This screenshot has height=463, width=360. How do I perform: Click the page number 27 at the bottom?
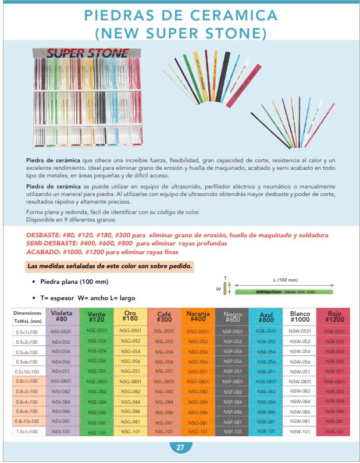pos(180,447)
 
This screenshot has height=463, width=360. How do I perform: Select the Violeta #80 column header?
pos(62,316)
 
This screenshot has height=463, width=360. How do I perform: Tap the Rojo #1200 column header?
pos(334,316)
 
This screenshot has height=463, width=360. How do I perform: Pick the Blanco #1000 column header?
pos(300,316)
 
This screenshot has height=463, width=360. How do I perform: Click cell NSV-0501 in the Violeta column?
pos(62,331)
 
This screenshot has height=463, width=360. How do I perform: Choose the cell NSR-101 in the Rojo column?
pos(334,432)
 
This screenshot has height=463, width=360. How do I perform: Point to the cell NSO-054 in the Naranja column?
pos(198,351)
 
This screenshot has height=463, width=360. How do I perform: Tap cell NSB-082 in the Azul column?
pos(266,391)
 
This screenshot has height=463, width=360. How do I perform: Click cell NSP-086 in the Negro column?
pos(232,412)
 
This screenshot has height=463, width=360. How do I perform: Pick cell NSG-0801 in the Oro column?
pos(130,382)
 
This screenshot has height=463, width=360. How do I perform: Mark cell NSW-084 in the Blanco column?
pos(300,401)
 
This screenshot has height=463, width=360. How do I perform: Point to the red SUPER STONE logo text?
pos(88,54)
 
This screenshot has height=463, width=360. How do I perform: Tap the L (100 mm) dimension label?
pos(285,279)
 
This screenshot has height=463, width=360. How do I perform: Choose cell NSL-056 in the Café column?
pos(165,361)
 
